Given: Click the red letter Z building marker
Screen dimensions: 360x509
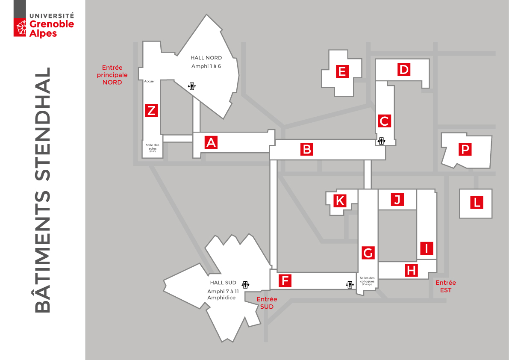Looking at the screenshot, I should click(151, 110).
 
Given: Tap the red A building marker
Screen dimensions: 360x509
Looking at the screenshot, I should click(211, 142).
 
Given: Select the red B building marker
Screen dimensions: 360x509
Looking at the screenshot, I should click(306, 149).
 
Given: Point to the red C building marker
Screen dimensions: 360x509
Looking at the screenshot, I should click(384, 121).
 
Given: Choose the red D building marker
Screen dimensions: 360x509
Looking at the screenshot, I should click(403, 70).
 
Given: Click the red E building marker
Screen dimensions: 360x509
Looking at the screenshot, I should click(341, 71).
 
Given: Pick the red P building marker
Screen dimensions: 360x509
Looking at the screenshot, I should click(465, 149).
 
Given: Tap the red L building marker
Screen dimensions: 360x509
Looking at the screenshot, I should click(476, 202).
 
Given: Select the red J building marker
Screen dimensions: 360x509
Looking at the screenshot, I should click(397, 199).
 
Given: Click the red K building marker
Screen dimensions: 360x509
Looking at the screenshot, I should click(340, 200).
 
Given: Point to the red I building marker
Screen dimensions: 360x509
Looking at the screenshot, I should click(427, 248).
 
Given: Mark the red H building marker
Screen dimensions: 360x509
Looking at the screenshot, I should click(411, 270).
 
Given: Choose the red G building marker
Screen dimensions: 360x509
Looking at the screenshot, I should click(368, 253).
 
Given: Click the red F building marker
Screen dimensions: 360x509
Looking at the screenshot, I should click(285, 280).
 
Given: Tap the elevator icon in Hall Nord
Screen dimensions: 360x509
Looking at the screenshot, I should click(192, 86).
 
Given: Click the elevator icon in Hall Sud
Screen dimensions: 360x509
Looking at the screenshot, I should click(245, 284).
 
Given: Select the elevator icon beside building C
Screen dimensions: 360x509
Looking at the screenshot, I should click(381, 141).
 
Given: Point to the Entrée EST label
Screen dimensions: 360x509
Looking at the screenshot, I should click(446, 286).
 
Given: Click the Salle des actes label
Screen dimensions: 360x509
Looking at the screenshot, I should click(152, 147).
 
